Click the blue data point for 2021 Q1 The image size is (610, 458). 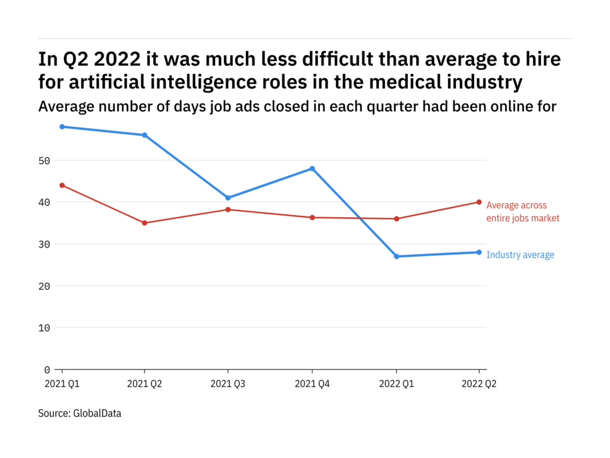[62, 126]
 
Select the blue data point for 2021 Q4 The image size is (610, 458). [312, 169]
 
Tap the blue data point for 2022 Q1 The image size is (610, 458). [396, 256]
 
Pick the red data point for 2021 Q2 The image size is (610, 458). [145, 223]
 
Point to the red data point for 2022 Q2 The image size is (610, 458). [479, 202]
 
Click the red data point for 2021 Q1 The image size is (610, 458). [62, 185]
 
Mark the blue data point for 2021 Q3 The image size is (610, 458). [228, 198]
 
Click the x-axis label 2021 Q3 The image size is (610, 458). [228, 385]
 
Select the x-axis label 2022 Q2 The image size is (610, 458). [478, 385]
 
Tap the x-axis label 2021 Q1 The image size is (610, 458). [62, 385]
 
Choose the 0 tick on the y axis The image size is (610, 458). [49, 370]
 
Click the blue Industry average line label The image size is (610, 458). [520, 255]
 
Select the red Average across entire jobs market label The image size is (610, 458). [522, 212]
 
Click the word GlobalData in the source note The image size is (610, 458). [98, 413]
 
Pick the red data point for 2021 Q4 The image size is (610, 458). [312, 218]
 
